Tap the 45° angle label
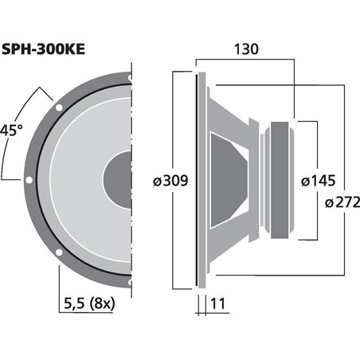pos(10,130)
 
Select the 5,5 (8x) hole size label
pos(89,303)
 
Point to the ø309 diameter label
pos(170,181)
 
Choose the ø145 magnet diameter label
pos(317,181)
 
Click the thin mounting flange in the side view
pos(195,179)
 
